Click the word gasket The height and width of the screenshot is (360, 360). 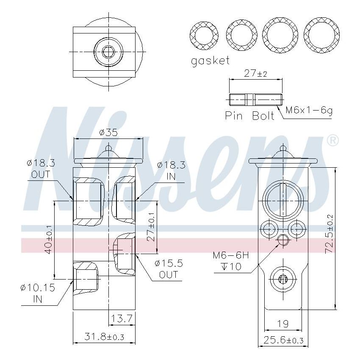(x=210, y=61)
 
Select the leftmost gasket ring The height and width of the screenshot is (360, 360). (x=204, y=34)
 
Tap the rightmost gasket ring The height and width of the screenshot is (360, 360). (x=322, y=34)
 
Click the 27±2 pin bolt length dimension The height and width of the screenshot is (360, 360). (x=255, y=74)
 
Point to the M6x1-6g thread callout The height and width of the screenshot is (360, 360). (x=309, y=111)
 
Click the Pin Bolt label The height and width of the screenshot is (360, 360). (x=249, y=116)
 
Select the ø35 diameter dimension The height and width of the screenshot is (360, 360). (x=108, y=133)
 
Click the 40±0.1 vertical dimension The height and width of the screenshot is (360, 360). (x=49, y=240)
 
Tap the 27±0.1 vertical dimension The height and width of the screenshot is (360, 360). (x=151, y=227)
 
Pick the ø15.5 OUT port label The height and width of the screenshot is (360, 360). (x=169, y=269)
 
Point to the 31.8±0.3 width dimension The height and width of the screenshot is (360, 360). (x=104, y=337)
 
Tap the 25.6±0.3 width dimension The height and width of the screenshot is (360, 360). (x=283, y=340)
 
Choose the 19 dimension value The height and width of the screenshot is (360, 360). (x=282, y=324)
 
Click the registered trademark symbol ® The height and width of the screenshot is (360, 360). (x=333, y=140)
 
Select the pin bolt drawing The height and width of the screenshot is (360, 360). (x=256, y=100)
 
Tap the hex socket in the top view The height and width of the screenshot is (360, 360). (x=108, y=52)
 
